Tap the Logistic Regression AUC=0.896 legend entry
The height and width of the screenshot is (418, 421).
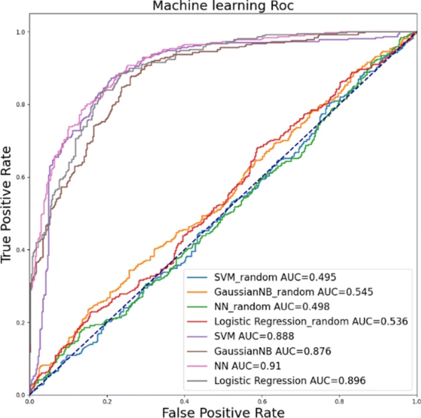pyautogui.click(x=291, y=381)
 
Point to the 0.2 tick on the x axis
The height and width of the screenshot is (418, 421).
pyautogui.click(x=107, y=400)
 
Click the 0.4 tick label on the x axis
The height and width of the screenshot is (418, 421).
pyautogui.click(x=184, y=400)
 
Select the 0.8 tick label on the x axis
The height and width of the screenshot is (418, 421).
pyautogui.click(x=339, y=400)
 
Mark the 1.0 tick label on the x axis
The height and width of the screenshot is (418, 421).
pyautogui.click(x=415, y=400)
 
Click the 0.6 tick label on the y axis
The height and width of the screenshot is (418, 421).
pyautogui.click(x=22, y=177)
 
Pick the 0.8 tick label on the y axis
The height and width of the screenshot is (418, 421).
pyautogui.click(x=22, y=104)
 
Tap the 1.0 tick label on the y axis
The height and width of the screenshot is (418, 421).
pyautogui.click(x=22, y=32)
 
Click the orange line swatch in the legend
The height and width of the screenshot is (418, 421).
pyautogui.click(x=199, y=292)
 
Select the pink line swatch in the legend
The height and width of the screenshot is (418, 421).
pyautogui.click(x=199, y=366)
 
